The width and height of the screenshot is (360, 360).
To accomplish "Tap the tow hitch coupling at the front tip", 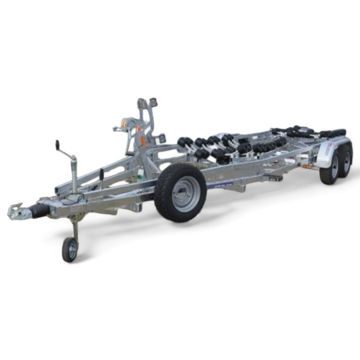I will tap(15, 211).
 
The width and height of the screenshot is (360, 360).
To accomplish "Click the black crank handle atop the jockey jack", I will tap(58, 146).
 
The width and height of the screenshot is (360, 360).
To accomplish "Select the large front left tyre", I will tap(180, 192).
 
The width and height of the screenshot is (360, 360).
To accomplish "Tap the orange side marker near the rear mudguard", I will tap(308, 166).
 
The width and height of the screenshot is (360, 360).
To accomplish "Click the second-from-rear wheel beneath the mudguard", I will tap(328, 170).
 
